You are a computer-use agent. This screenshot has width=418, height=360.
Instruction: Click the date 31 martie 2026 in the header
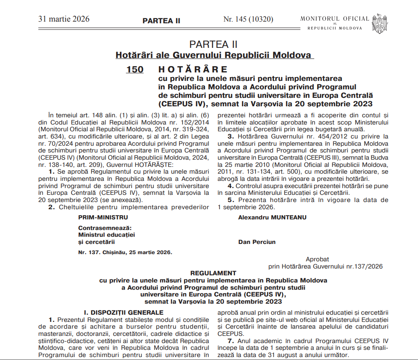coord(64,19)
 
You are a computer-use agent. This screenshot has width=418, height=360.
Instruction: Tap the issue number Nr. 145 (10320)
coord(248,19)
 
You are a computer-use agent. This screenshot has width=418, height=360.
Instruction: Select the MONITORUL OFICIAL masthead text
coord(335,19)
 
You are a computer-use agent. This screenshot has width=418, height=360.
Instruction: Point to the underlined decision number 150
coord(135,69)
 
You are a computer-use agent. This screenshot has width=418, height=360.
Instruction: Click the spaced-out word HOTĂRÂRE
coord(193,69)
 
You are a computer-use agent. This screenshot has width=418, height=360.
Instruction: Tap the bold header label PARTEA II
coord(161,20)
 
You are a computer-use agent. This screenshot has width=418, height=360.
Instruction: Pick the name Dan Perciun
coord(257,242)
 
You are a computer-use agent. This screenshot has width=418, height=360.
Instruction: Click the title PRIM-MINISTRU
coord(103,217)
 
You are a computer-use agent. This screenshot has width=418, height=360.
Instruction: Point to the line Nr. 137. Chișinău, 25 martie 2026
coord(125,252)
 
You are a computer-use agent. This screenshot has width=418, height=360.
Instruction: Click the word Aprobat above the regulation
coord(317,259)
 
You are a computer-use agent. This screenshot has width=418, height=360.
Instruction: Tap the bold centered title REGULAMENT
coord(213,273)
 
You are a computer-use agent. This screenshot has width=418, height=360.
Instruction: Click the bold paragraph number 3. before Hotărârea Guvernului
coord(230,136)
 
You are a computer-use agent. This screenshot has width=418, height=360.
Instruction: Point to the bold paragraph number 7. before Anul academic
coord(230,341)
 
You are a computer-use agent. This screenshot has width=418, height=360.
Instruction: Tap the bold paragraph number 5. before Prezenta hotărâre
coord(230,200)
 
